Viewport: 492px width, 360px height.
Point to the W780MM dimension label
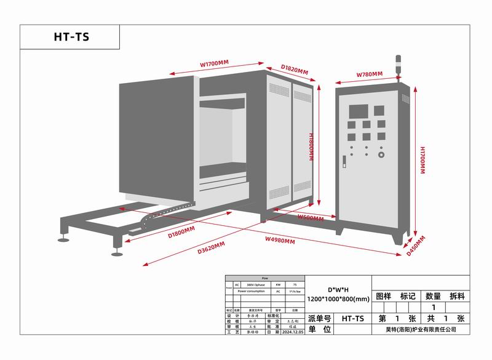click(369, 74)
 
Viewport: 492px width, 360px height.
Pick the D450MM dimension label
click(416, 244)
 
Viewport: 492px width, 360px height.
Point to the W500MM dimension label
click(311, 218)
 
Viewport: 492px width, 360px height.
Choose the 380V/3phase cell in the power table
click(255, 285)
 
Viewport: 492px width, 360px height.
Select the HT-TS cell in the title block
click(353, 319)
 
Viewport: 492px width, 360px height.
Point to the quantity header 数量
click(433, 296)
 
